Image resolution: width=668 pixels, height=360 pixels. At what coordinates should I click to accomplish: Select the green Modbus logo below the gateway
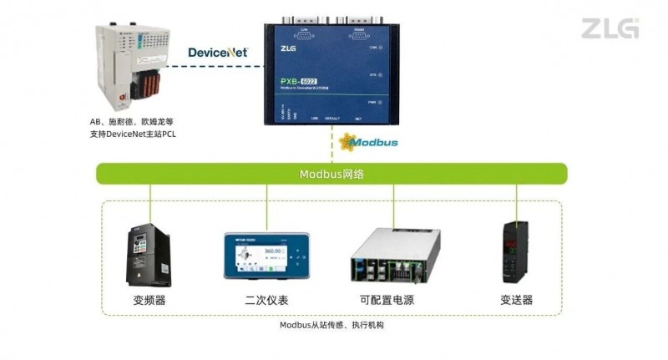(372, 142)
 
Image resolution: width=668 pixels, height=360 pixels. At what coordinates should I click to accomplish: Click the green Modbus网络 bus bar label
(332, 174)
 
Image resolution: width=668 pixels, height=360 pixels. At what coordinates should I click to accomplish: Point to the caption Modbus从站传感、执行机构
(331, 325)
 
